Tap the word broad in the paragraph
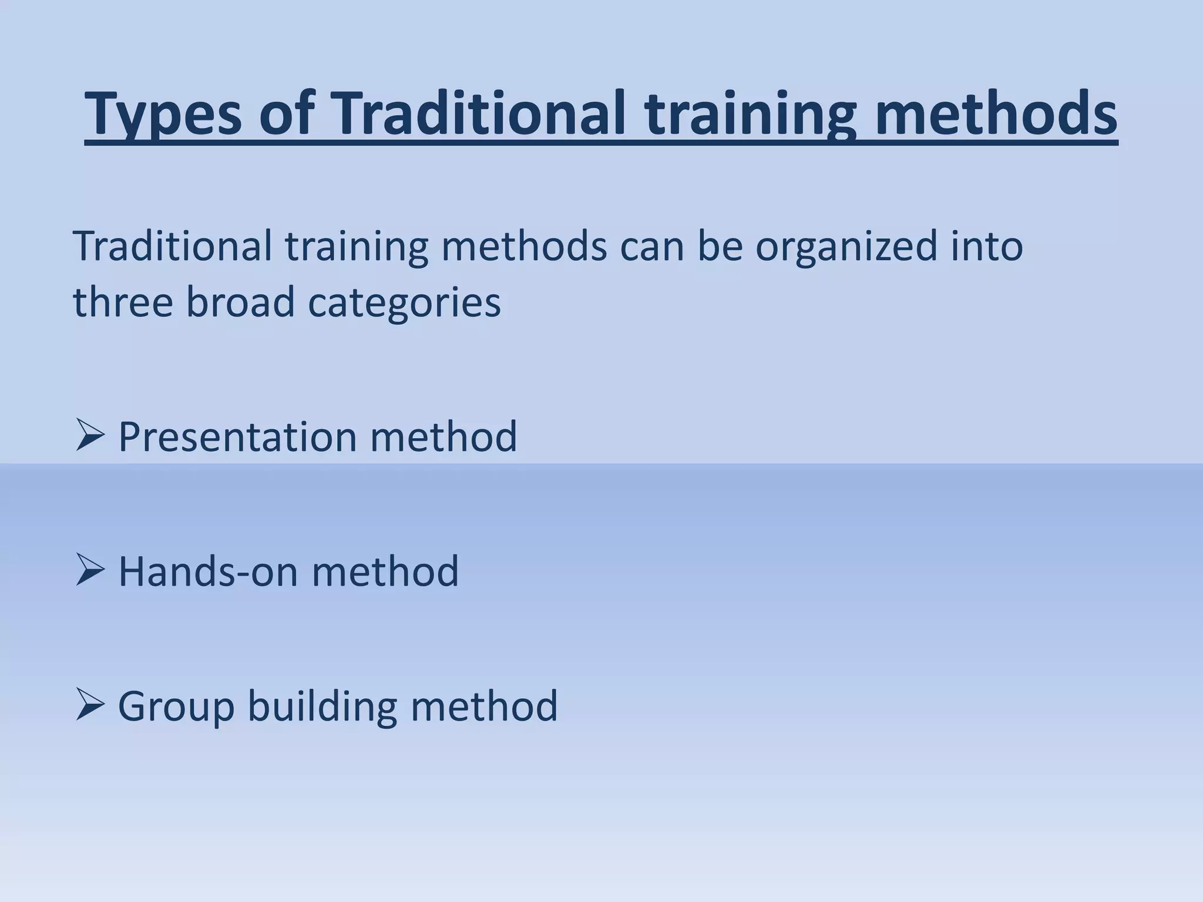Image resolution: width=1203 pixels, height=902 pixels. click(240, 302)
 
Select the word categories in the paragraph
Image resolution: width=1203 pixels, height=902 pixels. click(404, 302)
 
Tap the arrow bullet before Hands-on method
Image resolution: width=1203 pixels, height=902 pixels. click(90, 571)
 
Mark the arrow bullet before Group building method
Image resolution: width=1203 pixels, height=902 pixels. click(90, 705)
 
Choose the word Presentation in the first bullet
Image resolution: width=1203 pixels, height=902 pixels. click(237, 437)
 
